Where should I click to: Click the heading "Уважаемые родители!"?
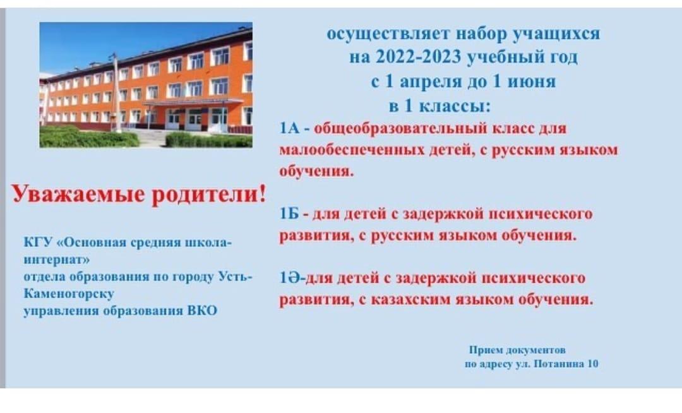click(x=139, y=194)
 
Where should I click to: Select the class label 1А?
click(x=290, y=129)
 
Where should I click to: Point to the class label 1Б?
click(x=289, y=214)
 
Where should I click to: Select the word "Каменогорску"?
click(x=69, y=294)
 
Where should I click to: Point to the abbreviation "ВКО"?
click(x=202, y=311)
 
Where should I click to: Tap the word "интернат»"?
click(x=57, y=260)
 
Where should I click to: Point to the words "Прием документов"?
click(x=517, y=349)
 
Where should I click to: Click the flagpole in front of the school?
click(x=116, y=93)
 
